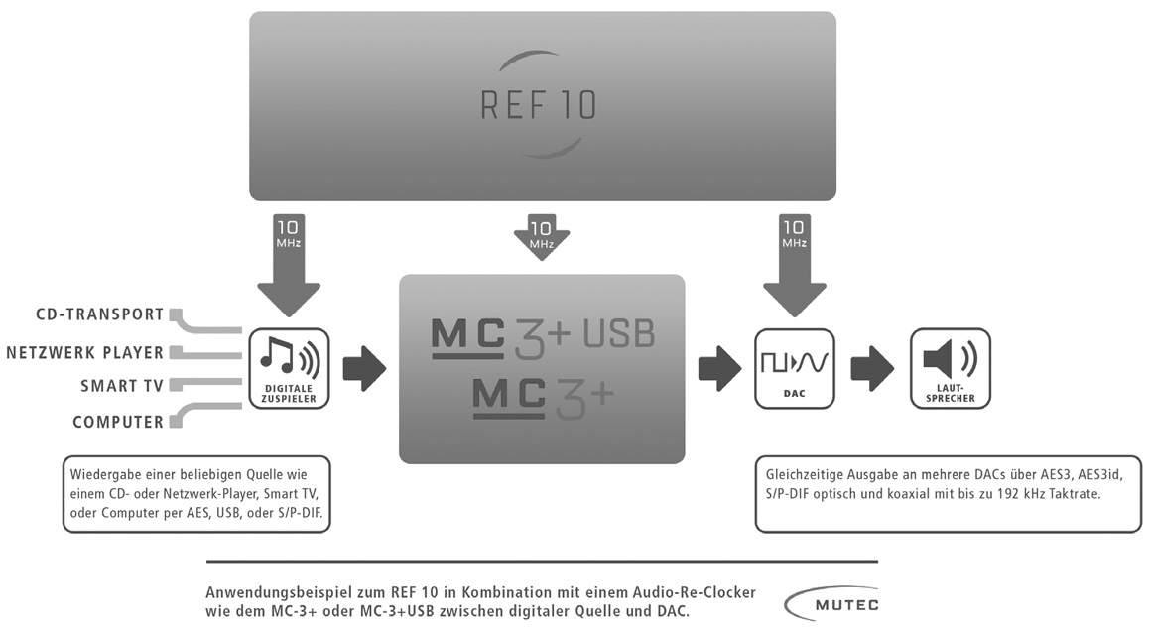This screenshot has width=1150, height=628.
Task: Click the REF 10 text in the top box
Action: (539, 105)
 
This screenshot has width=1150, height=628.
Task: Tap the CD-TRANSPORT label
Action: (100, 314)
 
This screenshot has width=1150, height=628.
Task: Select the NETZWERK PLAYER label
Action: (85, 353)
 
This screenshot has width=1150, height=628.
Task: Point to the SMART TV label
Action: (122, 386)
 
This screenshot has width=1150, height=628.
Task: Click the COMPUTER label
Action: (118, 422)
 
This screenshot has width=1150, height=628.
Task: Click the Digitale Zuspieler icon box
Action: (289, 368)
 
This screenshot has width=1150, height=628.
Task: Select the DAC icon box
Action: (795, 368)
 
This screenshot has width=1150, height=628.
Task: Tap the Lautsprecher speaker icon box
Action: (950, 368)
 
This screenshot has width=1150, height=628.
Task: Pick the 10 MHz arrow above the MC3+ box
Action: (541, 237)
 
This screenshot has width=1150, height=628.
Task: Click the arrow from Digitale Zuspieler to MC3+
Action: (364, 368)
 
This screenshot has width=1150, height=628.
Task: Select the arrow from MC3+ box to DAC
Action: (719, 368)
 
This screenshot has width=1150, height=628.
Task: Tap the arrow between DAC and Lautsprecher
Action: (872, 368)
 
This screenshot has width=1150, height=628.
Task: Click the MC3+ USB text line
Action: (543, 337)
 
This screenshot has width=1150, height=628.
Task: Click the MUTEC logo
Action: (831, 604)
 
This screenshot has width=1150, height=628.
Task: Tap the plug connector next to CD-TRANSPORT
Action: (176, 314)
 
